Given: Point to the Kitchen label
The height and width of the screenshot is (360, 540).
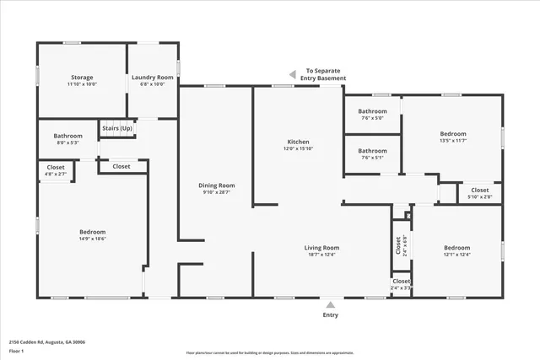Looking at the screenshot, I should click(298, 145).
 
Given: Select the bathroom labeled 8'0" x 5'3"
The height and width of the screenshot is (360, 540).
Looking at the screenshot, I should click(67, 139).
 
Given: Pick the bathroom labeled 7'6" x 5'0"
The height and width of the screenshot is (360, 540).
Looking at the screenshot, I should click(372, 115).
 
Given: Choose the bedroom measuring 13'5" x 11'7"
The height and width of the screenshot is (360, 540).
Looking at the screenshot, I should click(452, 137).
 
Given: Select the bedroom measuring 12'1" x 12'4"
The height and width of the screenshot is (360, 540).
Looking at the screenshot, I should click(456, 251).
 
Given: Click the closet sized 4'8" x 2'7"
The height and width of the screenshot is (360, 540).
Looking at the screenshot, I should click(56, 170).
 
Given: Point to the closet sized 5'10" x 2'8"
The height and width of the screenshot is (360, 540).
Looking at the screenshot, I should click(479, 193).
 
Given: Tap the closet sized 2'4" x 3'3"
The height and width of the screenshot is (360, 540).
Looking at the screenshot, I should click(401, 284).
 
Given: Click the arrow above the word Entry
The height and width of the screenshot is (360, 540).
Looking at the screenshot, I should click(330, 304).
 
